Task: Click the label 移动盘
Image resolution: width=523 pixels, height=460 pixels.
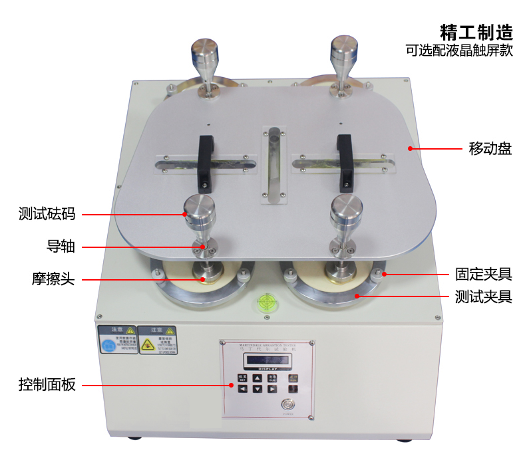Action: [490, 148]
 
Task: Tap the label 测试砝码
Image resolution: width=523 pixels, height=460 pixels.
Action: [47, 214]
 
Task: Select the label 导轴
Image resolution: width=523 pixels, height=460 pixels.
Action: [61, 247]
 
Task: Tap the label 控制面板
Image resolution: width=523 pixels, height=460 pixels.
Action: [47, 385]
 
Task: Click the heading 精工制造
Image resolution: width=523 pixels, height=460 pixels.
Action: [476, 31]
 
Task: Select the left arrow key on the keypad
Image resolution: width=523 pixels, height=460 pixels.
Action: [242, 389]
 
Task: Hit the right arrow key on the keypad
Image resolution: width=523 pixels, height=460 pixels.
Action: [272, 389]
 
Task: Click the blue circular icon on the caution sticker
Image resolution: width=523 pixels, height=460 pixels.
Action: [108, 346]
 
